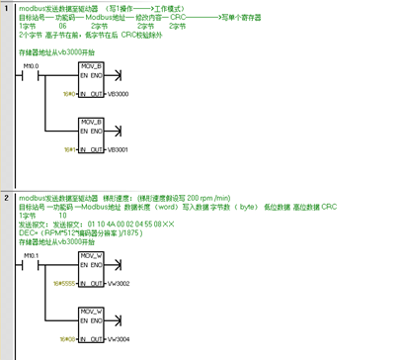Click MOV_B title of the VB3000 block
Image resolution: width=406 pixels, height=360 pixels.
(x=92, y=64)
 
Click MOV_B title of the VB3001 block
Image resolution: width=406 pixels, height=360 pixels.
(x=92, y=120)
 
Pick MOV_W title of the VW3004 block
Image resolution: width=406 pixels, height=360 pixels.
(x=92, y=310)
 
